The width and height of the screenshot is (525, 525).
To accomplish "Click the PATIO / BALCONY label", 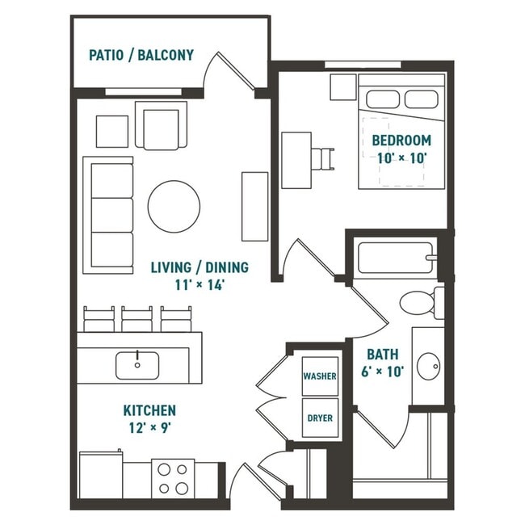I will tap(141, 56).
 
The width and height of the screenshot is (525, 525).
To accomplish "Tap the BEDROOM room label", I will tap(401, 140).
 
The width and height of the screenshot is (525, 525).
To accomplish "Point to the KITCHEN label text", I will tap(149, 410).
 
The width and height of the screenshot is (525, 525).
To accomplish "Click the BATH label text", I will tap(380, 354).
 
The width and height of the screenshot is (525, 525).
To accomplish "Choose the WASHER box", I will tap(319, 376).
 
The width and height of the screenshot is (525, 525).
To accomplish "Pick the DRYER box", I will tap(319, 418).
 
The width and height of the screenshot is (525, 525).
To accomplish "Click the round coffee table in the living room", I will tap(174, 205).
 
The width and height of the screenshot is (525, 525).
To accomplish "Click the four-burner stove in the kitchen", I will tap(172, 477).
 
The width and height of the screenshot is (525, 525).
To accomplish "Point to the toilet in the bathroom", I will tap(421, 303).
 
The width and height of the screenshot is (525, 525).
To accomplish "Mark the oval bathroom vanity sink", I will tap(427, 366).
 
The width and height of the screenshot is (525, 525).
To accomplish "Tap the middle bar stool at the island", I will tap(136, 318).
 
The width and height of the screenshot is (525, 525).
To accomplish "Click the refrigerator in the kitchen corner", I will tap(99, 478).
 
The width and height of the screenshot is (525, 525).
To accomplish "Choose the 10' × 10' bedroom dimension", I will tap(401, 158).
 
